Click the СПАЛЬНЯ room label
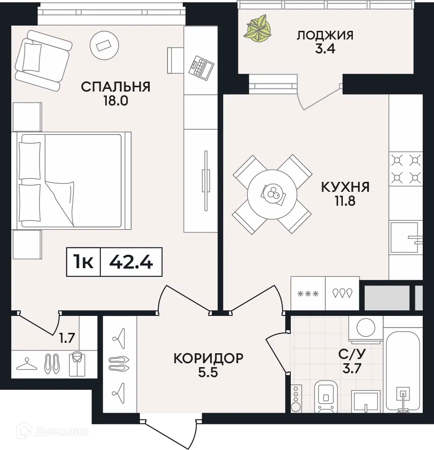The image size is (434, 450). pos(115,87)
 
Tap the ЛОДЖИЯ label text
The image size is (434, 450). pos(325,35)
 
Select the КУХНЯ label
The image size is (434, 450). pos(345,187)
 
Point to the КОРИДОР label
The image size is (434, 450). pos(208,358)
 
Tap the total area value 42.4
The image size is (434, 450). pos(131,262)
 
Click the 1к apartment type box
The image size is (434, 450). pos(83,262)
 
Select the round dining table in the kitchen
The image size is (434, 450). pos(272,194)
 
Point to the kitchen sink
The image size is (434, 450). pos(405,237)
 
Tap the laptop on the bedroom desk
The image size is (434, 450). pos(201,67)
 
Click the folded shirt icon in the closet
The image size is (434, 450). pos(77,364)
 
